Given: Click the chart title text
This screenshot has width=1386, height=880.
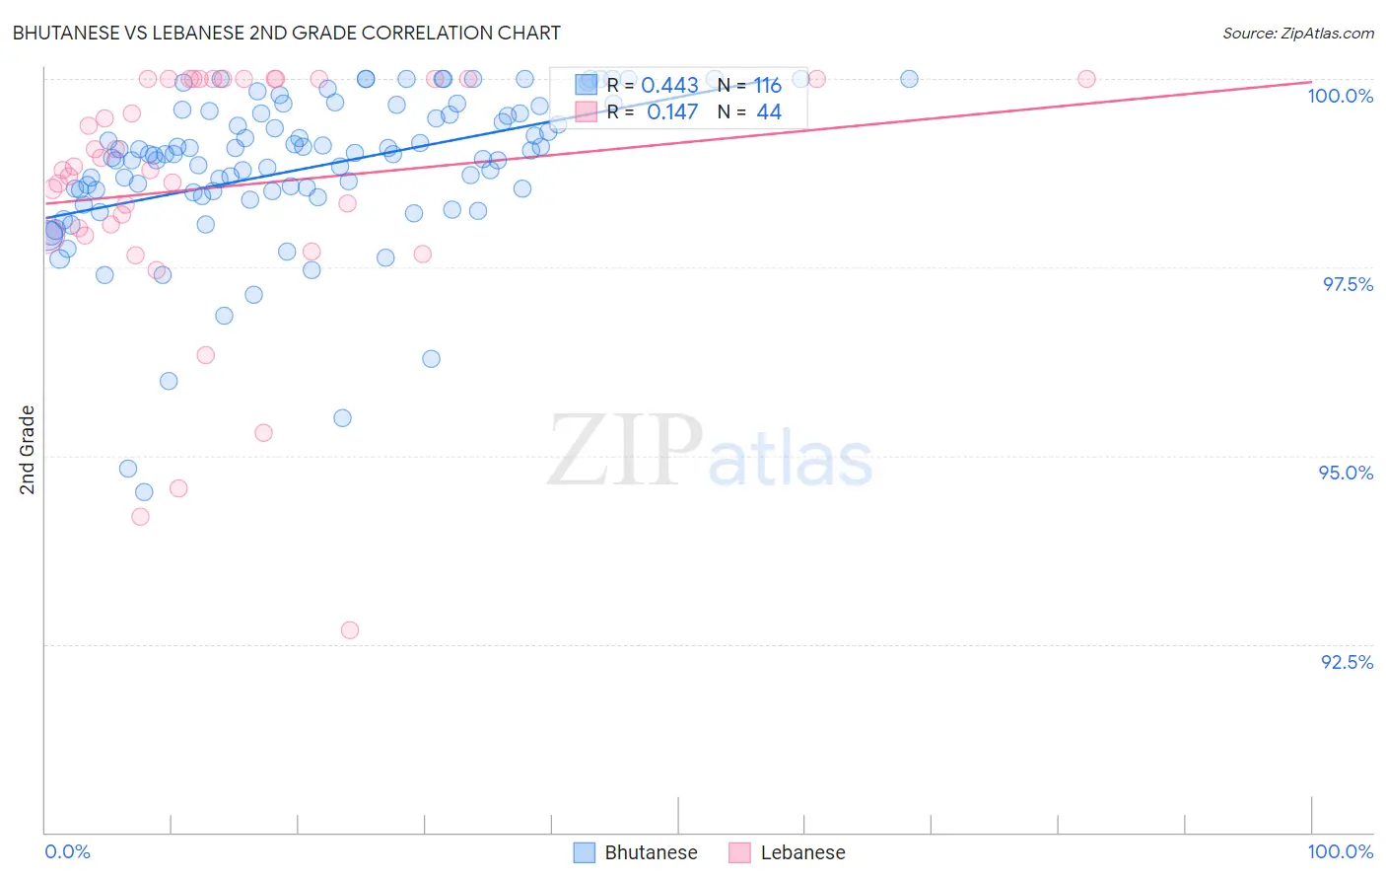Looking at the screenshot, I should pyautogui.click(x=286, y=33).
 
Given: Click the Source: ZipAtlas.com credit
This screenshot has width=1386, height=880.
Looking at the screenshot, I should pyautogui.click(x=1297, y=33).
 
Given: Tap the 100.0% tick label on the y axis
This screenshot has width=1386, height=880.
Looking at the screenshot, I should pyautogui.click(x=1340, y=96).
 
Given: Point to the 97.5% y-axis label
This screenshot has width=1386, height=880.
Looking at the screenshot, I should pyautogui.click(x=1348, y=284).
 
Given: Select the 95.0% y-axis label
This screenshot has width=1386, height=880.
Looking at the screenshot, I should pyautogui.click(x=1346, y=473).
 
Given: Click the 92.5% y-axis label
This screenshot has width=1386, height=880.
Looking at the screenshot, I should pyautogui.click(x=1347, y=662).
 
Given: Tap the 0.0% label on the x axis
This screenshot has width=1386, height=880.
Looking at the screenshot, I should pyautogui.click(x=67, y=851).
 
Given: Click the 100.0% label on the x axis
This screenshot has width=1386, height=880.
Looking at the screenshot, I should pyautogui.click(x=1340, y=851).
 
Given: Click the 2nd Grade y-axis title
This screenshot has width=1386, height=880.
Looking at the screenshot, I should pyautogui.click(x=28, y=450).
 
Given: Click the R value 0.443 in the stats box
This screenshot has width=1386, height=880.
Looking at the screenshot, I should pyautogui.click(x=669, y=86).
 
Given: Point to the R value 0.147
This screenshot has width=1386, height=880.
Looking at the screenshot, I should pyautogui.click(x=672, y=111).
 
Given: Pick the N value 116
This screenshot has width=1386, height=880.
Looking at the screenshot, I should pyautogui.click(x=767, y=86).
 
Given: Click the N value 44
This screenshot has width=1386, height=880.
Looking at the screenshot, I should pyautogui.click(x=769, y=111).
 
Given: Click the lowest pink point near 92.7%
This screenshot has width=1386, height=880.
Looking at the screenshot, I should pyautogui.click(x=350, y=629).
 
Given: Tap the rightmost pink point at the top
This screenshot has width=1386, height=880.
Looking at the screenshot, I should pyautogui.click(x=1086, y=79).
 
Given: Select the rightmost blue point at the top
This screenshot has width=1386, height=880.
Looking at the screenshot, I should pyautogui.click(x=909, y=79).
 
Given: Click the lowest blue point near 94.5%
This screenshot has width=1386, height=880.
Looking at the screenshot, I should pyautogui.click(x=144, y=491).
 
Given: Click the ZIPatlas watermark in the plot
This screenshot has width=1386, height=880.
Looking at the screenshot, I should pyautogui.click(x=710, y=452).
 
